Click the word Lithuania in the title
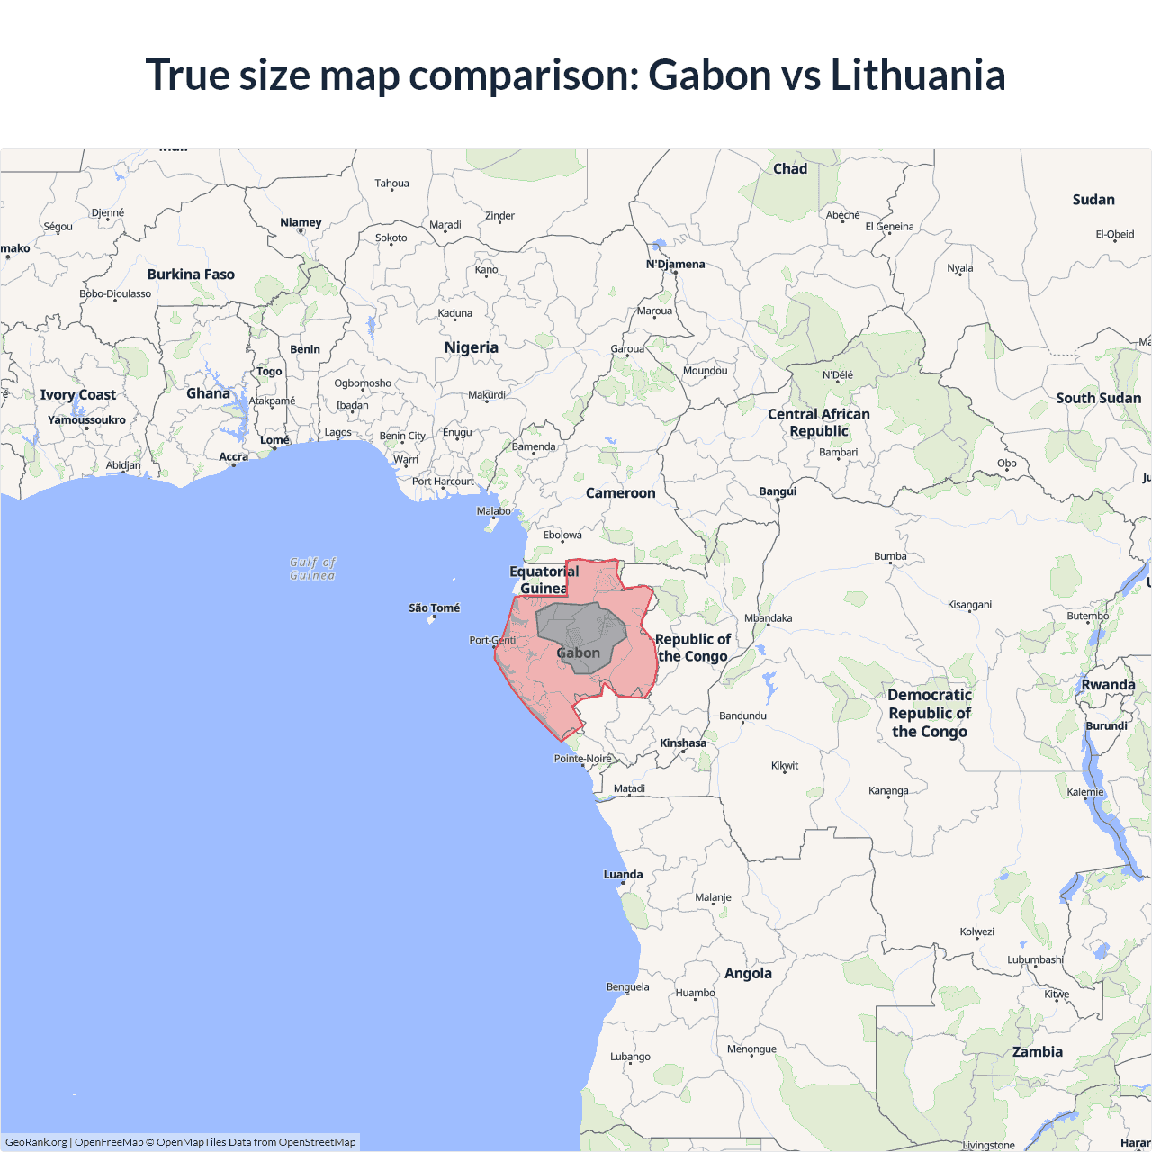[917, 75]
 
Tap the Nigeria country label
[471, 347]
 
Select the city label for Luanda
[623, 874]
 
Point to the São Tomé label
[434, 608]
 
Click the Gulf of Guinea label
[312, 569]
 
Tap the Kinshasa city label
[683, 743]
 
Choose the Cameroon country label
[620, 493]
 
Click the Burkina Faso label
[191, 274]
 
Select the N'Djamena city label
[675, 264]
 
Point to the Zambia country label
[1037, 1051]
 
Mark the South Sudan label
[1098, 398]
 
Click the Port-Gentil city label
[493, 640]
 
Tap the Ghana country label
[208, 393]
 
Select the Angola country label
[748, 973]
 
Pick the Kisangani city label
[969, 605]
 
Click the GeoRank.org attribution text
[36, 1142]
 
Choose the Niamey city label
[301, 222]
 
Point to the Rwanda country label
[1108, 685]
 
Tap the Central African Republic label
[819, 422]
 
